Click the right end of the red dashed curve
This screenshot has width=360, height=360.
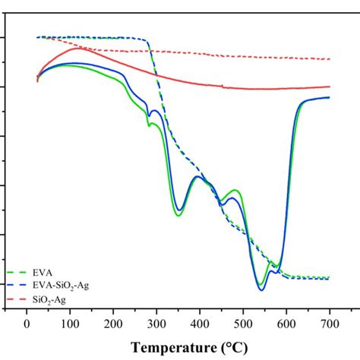(x=330, y=58)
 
